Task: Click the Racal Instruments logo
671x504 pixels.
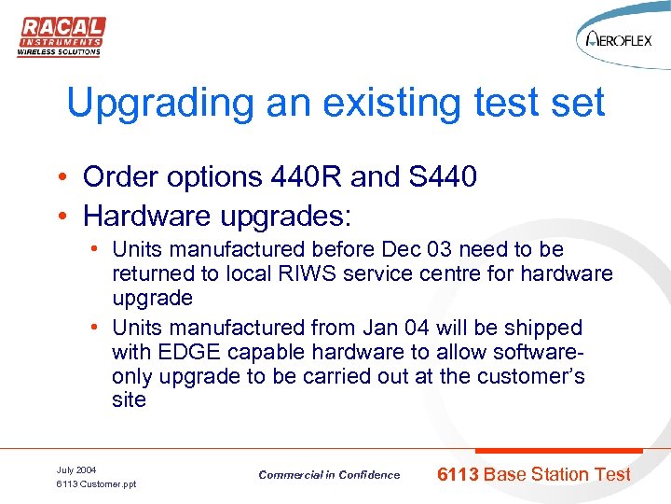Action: point(61,35)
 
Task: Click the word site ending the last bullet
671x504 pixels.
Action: point(129,400)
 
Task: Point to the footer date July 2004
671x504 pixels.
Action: point(76,469)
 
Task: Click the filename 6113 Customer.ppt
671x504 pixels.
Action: point(96,484)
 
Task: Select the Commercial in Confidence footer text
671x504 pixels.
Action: point(329,475)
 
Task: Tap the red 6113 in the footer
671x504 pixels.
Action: point(459,475)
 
